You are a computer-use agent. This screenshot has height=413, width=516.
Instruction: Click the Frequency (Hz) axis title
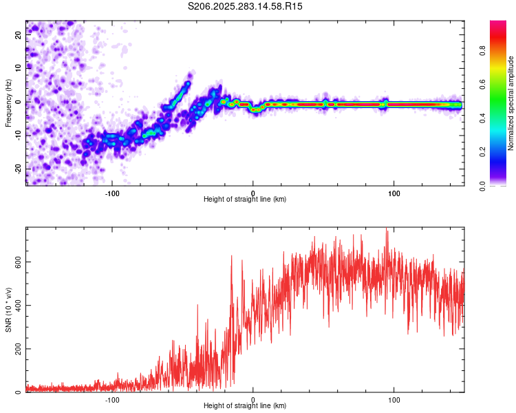(8, 103)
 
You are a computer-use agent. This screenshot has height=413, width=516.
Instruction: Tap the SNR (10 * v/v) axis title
(8, 310)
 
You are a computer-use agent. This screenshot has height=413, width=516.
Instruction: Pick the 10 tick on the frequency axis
(19, 68)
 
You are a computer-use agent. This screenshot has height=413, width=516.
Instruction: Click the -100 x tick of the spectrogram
(112, 193)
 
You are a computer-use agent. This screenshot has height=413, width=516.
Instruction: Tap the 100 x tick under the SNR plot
(394, 400)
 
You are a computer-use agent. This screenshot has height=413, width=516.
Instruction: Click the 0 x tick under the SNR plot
(253, 400)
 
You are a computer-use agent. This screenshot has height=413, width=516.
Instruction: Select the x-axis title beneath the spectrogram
(245, 200)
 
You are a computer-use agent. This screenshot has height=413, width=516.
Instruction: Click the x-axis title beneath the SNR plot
(245, 407)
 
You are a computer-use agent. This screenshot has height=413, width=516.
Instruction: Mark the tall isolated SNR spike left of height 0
(231, 257)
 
